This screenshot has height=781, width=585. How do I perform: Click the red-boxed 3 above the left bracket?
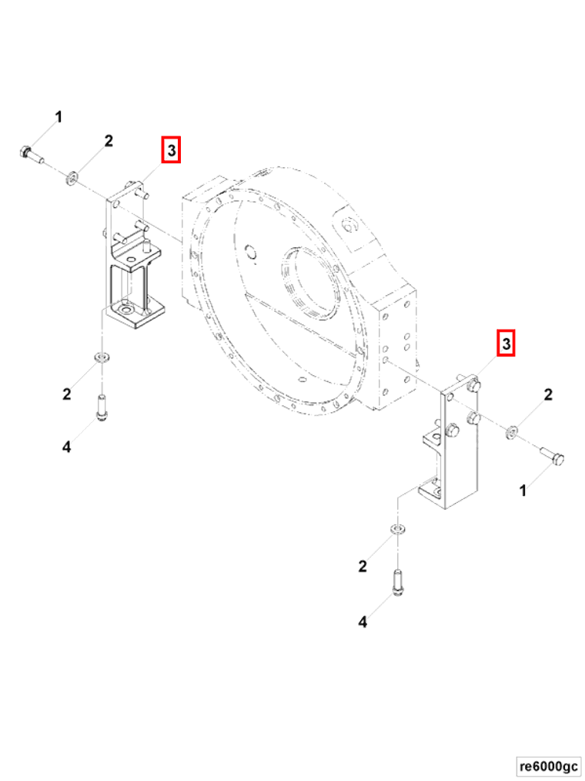click(x=170, y=149)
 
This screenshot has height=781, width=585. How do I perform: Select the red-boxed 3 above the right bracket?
click(x=506, y=344)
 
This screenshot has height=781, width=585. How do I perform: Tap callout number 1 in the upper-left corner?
click(x=58, y=117)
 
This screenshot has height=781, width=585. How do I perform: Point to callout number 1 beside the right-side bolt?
click(x=523, y=489)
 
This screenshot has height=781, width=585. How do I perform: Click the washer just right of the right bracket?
click(x=511, y=432)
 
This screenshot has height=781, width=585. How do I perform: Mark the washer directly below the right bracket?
click(x=397, y=530)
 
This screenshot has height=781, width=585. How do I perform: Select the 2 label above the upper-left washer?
click(x=109, y=141)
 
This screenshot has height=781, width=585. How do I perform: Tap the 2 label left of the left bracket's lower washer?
click(x=67, y=394)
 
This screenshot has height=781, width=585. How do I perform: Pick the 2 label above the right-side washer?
click(x=547, y=396)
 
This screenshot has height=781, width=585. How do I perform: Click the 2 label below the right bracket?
click(x=363, y=567)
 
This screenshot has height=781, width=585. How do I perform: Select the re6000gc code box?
click(x=548, y=766)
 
